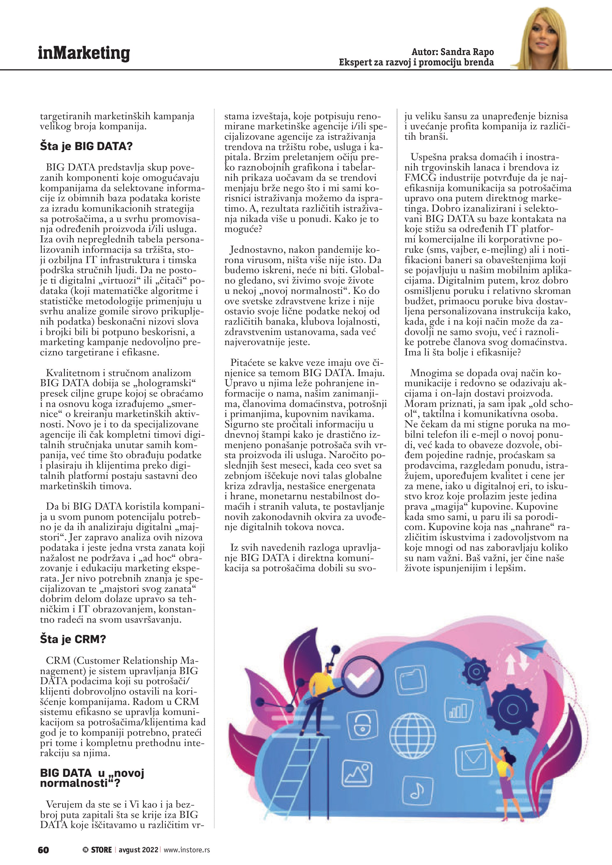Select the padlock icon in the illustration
click(x=359, y=724)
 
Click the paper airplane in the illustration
click(x=532, y=648)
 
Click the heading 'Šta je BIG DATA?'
click(x=86, y=146)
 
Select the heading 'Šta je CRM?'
click(x=73, y=639)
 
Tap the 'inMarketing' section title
click(x=84, y=53)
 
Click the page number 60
click(x=43, y=850)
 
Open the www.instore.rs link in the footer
click(x=187, y=850)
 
